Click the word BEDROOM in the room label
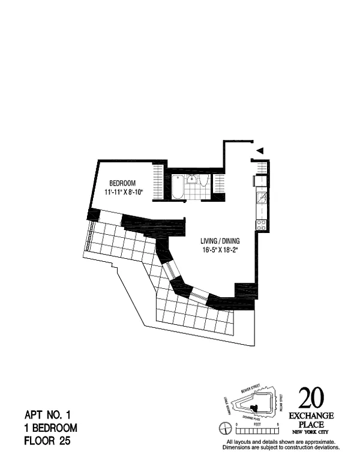tap(122, 183)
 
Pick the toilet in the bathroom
tap(203, 182)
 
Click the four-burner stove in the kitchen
tap(262, 225)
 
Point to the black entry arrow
tap(260, 151)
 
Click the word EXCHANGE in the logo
tap(312, 416)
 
